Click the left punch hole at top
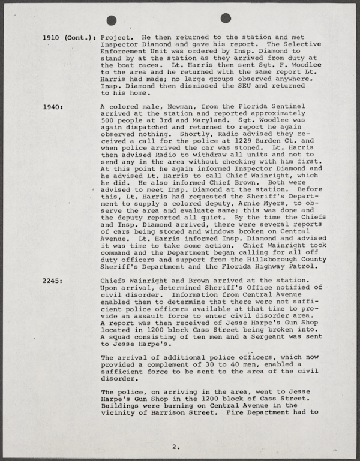[112, 20]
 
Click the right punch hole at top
[226, 18]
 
